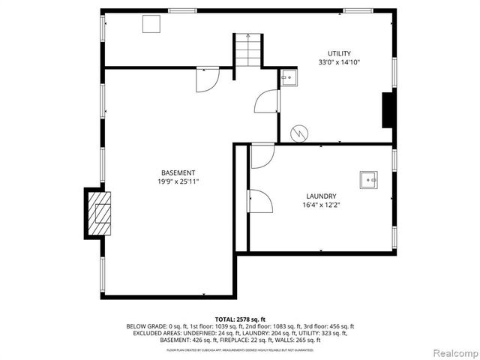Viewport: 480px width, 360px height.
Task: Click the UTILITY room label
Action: click(339, 53)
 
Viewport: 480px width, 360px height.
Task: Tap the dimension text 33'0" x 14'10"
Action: click(339, 62)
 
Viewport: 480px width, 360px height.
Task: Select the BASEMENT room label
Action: click(178, 172)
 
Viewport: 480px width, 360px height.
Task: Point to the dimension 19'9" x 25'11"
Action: click(178, 181)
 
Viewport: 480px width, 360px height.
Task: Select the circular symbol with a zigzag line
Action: click(299, 133)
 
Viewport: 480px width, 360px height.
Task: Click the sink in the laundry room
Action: click(368, 178)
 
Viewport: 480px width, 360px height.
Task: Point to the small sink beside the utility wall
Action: click(288, 76)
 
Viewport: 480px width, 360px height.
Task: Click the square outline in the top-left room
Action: click(153, 23)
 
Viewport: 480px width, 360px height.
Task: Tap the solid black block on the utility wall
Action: click(388, 110)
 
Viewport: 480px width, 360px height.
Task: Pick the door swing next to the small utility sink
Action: click(267, 101)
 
